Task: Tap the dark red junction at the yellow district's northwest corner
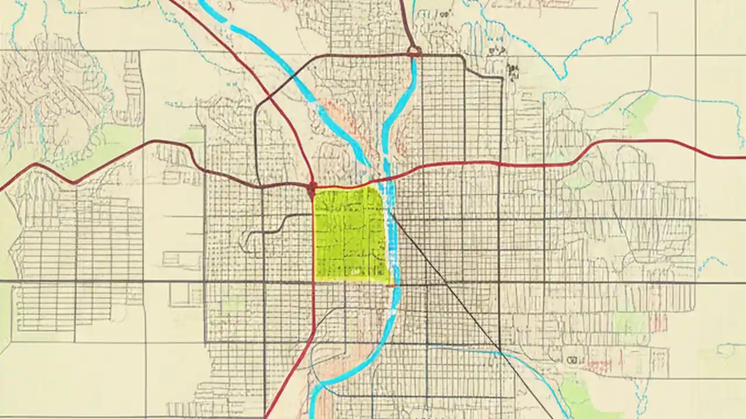312,189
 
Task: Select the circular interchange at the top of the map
414,52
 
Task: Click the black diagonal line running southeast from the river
449,285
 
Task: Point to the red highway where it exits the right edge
741,157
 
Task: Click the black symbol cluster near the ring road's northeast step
513,70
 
